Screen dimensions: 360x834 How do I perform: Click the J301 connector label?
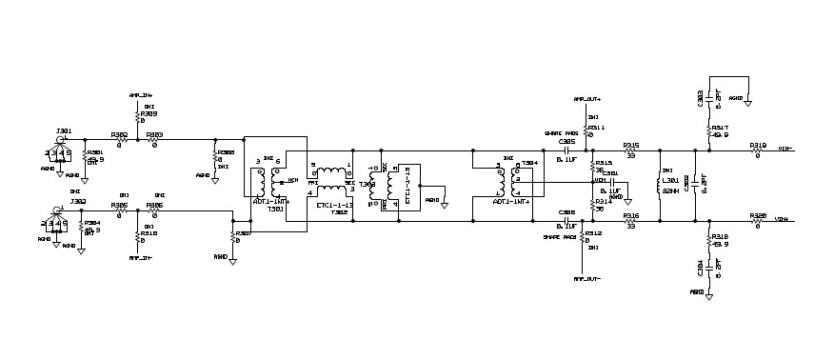(x=64, y=130)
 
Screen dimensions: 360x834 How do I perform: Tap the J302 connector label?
(x=64, y=201)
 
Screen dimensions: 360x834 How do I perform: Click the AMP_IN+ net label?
(x=140, y=96)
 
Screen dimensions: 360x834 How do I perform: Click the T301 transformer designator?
(x=275, y=209)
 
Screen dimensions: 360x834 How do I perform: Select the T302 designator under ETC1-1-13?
(x=338, y=211)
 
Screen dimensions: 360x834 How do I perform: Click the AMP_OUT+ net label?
(x=586, y=99)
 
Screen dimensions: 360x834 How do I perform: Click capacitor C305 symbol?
(x=567, y=150)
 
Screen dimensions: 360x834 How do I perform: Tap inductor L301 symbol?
(x=660, y=186)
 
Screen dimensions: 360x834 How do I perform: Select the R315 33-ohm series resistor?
(x=629, y=150)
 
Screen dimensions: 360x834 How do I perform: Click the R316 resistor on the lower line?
(x=629, y=222)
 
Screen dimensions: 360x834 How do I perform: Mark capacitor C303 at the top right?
(x=711, y=98)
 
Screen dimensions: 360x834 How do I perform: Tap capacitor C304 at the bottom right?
(x=711, y=270)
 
